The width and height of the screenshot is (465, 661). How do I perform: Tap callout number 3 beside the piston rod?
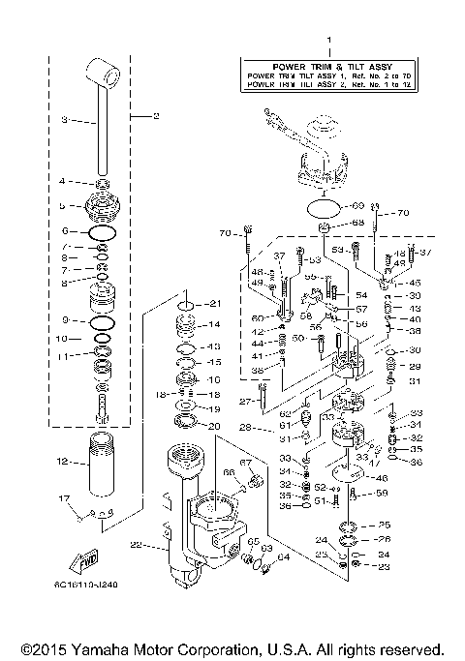click(x=64, y=120)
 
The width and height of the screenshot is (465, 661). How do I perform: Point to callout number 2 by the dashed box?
click(x=154, y=115)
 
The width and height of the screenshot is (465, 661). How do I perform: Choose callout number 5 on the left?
click(x=63, y=206)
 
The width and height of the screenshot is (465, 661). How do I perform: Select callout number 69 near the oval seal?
click(x=357, y=206)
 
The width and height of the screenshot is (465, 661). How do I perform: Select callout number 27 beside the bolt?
click(x=246, y=401)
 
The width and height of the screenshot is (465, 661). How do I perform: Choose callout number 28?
click(x=246, y=427)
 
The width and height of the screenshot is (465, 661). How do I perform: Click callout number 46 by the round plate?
click(x=383, y=478)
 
